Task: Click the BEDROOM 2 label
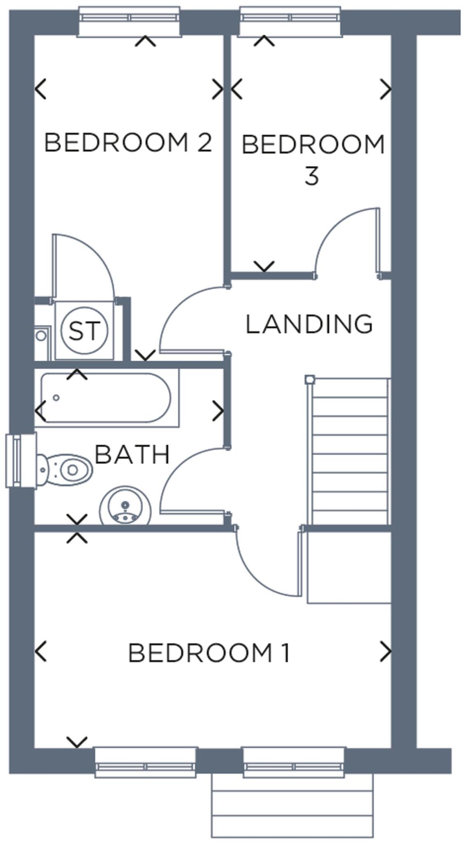[x=128, y=142]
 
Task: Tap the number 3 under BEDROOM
[x=312, y=176]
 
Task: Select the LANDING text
[x=309, y=324]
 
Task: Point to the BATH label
[x=132, y=455]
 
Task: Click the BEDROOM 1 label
[x=209, y=653]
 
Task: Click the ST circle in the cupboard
[x=84, y=330]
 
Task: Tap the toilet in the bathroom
[x=66, y=469]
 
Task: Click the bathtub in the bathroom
[x=106, y=398]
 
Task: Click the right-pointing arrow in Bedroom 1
[x=386, y=651]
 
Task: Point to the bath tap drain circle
[x=56, y=397]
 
